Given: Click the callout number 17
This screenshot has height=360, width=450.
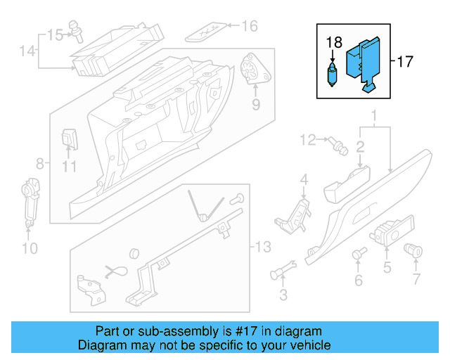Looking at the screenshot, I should [407, 62].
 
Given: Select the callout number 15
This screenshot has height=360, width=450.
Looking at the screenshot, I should [56, 33].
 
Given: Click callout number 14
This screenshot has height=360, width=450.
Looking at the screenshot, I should [27, 51].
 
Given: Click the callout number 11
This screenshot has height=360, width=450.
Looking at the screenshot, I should [68, 167].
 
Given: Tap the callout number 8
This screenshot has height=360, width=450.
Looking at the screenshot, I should [39, 164].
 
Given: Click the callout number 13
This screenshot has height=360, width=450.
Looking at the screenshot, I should [262, 247].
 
